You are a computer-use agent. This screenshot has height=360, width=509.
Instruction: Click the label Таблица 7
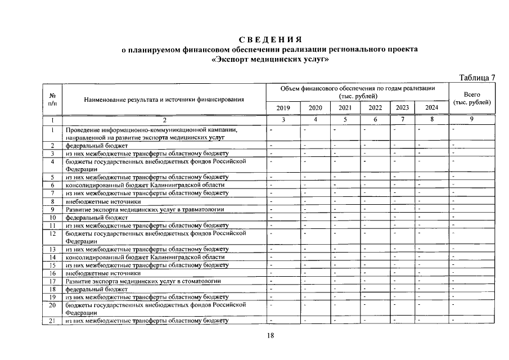[x=477, y=77]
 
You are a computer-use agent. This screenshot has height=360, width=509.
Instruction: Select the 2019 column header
[x=283, y=107]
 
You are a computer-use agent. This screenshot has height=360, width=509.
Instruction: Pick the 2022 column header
[x=375, y=107]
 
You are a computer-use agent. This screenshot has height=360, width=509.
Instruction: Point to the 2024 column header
[x=432, y=107]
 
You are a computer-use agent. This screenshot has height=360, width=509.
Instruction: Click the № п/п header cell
[x=52, y=100]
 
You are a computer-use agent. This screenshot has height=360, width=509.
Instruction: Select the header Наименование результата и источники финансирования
[x=164, y=100]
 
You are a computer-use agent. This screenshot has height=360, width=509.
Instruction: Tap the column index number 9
[x=472, y=119]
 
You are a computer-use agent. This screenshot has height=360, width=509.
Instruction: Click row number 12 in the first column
[x=52, y=233]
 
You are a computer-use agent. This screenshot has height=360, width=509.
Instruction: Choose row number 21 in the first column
[x=52, y=321]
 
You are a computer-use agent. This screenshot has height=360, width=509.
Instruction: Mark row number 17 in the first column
[x=52, y=281]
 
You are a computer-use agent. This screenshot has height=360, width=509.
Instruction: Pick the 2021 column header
[x=345, y=107]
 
